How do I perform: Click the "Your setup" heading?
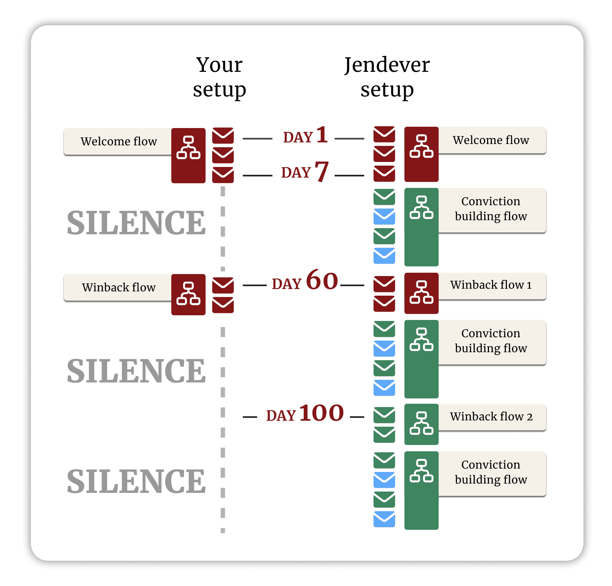[219, 77]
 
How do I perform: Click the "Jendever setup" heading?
[387, 77]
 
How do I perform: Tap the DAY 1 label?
[305, 136]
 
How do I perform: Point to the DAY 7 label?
[305, 172]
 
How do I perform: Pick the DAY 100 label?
[305, 414]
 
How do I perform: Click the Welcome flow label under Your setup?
[119, 142]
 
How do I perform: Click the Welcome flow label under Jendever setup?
[491, 140]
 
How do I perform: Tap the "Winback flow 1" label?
[491, 285]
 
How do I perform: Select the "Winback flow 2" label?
[491, 417]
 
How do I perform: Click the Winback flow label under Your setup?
[119, 287]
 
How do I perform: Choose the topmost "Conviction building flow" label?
[491, 209]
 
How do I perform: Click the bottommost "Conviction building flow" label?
[491, 472]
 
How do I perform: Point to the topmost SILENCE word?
[136, 223]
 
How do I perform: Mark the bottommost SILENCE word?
[136, 482]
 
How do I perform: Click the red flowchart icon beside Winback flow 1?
[421, 293]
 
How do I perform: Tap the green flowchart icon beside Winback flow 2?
[421, 424]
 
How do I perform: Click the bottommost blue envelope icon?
[384, 519]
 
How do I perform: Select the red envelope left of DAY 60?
[223, 285]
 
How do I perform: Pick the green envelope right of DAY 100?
[384, 415]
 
